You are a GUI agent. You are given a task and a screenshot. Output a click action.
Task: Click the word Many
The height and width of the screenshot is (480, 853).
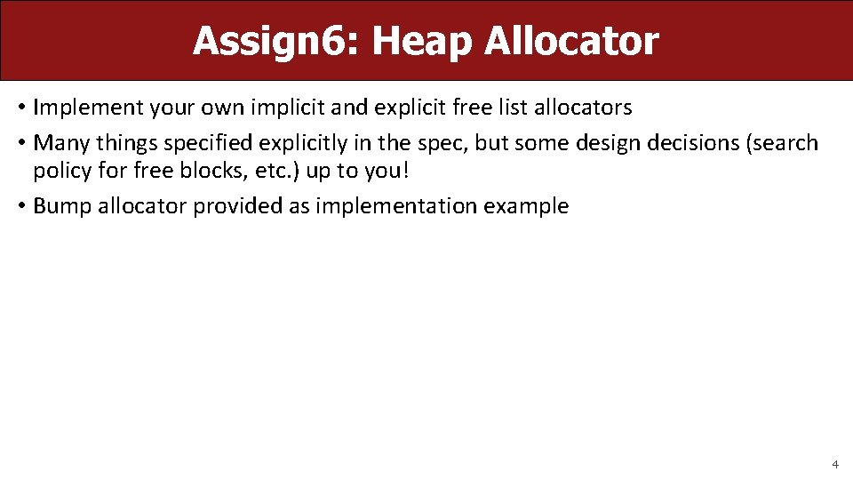(x=60, y=143)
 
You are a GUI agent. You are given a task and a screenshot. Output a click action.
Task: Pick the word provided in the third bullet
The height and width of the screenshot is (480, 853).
(x=234, y=206)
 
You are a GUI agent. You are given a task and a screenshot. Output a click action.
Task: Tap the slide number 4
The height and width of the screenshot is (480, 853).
(x=834, y=464)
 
